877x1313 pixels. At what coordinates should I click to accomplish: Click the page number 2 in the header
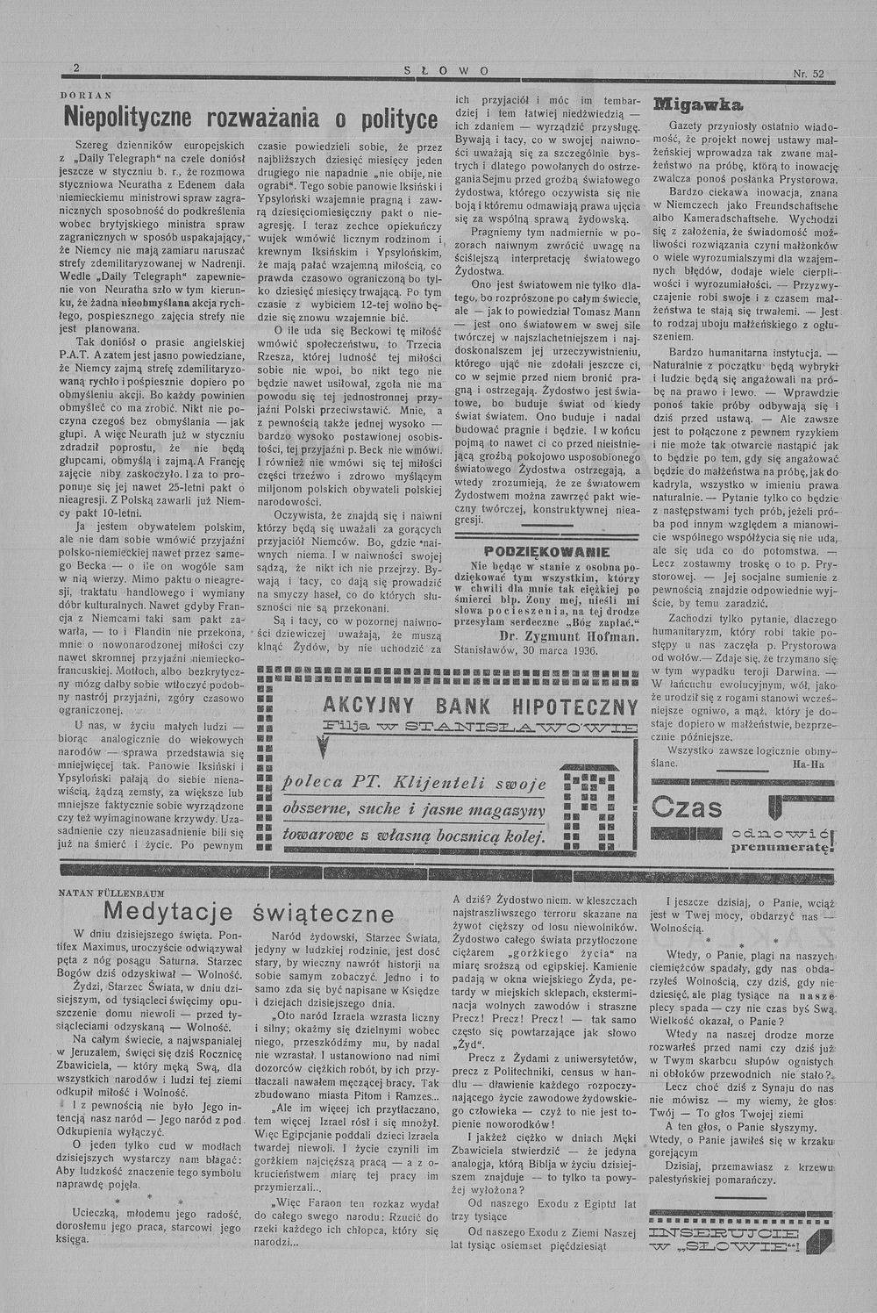click(76, 69)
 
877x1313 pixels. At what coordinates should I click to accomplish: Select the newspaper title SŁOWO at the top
click(447, 71)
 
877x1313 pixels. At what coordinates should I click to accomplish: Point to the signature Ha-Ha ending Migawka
click(806, 764)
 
